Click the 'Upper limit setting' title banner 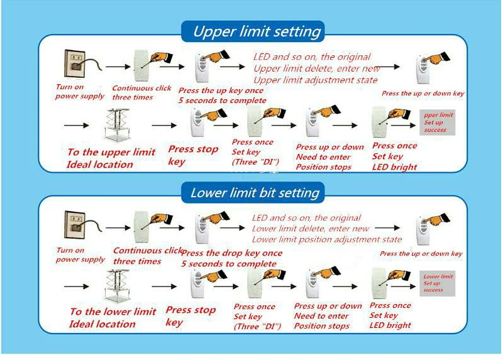point(253,31)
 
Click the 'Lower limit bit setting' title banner point(253,193)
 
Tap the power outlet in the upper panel point(75,63)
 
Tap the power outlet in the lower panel point(75,225)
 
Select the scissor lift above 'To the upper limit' point(118,126)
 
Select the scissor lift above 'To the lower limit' point(118,287)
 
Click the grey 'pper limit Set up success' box point(437,123)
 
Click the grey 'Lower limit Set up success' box point(437,283)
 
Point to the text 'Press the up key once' point(221,90)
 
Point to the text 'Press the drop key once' point(232,253)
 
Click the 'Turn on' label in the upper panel point(70,87)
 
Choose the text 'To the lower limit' point(113,311)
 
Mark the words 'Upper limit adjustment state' point(316,80)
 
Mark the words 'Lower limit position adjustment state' point(326,239)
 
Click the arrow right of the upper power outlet point(118,67)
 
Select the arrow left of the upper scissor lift point(76,126)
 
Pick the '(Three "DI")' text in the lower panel point(257,326)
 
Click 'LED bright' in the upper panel point(395,167)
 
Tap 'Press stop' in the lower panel point(191,310)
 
